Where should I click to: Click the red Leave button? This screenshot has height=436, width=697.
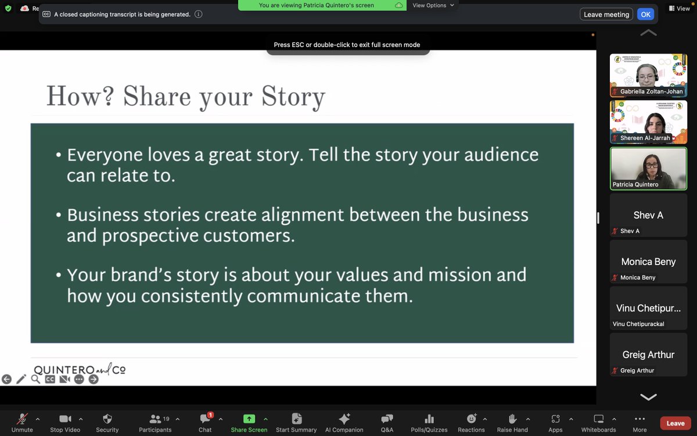(x=675, y=423)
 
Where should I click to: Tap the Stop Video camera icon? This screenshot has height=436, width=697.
(x=64, y=419)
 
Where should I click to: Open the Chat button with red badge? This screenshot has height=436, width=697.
(x=205, y=419)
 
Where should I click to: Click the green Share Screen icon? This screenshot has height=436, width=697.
(x=249, y=419)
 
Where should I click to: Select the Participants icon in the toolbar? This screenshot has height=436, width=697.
(x=155, y=419)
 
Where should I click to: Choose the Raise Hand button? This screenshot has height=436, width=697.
(x=512, y=419)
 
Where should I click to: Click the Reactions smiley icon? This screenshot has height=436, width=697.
(x=471, y=419)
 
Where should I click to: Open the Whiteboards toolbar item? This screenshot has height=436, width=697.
(x=598, y=419)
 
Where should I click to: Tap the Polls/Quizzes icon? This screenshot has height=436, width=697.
(x=429, y=419)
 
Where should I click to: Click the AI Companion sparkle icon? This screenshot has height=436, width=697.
(x=344, y=419)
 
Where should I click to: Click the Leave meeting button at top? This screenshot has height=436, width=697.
(x=606, y=15)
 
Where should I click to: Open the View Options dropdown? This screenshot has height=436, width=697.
(x=433, y=5)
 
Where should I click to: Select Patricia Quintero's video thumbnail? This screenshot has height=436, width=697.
(x=648, y=169)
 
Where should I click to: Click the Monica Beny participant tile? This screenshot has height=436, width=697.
(x=648, y=262)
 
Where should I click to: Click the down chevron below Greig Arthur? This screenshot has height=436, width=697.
(x=648, y=397)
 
